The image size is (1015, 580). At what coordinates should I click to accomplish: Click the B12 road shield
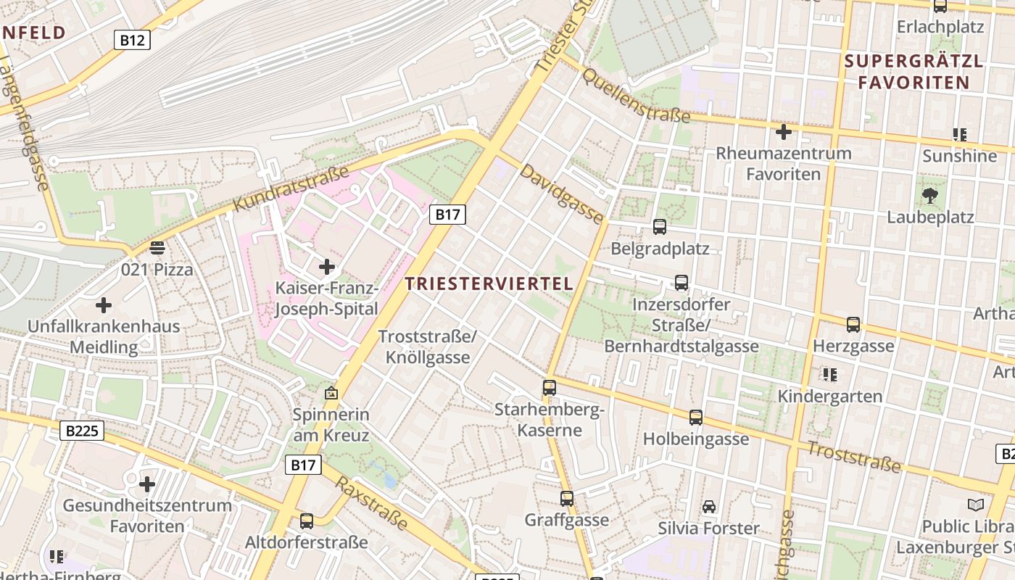coord(132,40)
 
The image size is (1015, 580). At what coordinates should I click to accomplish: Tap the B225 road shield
coord(81,431)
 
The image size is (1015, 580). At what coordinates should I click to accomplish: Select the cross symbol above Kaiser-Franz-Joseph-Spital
coord(327,267)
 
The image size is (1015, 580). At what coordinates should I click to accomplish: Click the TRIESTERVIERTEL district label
coord(489,283)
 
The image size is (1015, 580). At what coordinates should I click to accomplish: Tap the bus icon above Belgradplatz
coord(660,227)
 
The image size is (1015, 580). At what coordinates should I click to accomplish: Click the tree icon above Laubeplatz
coord(929,194)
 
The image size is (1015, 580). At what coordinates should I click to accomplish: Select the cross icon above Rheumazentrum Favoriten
coord(783,132)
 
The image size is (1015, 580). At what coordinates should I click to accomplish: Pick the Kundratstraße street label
coord(291,190)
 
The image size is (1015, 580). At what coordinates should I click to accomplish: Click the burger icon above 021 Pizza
coord(157,248)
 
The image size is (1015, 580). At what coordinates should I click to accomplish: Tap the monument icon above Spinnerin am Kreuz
coord(331,394)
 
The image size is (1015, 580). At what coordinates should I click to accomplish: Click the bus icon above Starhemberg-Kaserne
coord(550,388)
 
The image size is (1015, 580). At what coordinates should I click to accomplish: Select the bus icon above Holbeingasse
coord(696,418)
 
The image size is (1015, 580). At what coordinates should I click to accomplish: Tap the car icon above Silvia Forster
coord(708,507)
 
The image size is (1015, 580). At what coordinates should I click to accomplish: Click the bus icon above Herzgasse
coord(853,325)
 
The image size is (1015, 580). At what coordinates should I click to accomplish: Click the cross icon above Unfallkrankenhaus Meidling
coord(104,304)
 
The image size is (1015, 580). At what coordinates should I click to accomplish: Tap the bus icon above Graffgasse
coord(567,499)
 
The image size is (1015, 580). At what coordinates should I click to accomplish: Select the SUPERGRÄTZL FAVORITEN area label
coord(913,72)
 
